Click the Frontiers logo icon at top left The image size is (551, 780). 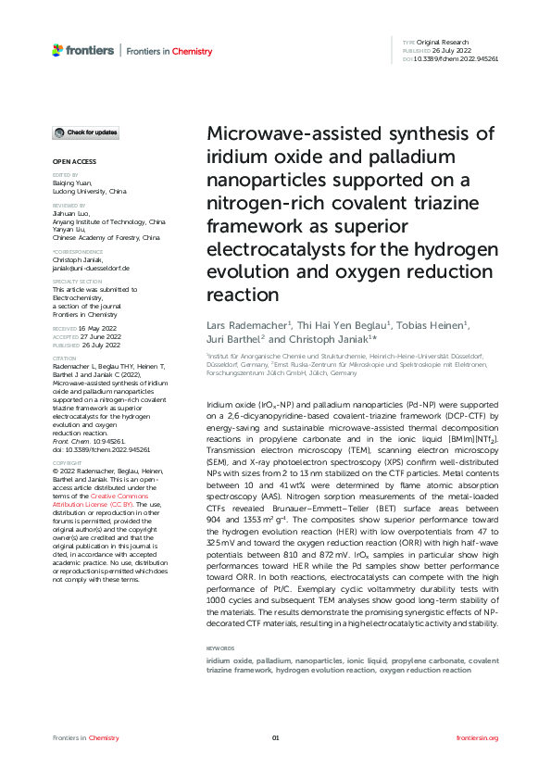[x=57, y=50]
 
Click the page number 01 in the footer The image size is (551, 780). [x=275, y=737]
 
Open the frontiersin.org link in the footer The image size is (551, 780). [x=478, y=737]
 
